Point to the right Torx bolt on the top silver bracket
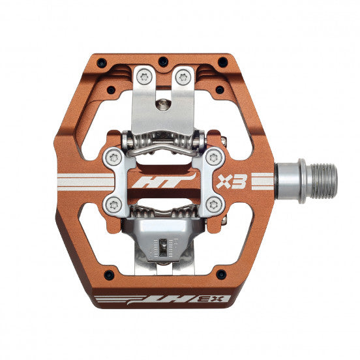[x=184, y=77]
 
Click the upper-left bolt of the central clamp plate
[x=115, y=157]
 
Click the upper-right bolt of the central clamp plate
[x=213, y=157]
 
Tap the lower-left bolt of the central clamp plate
[x=115, y=204]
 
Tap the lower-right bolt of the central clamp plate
[x=213, y=204]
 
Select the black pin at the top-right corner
[x=224, y=63]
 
